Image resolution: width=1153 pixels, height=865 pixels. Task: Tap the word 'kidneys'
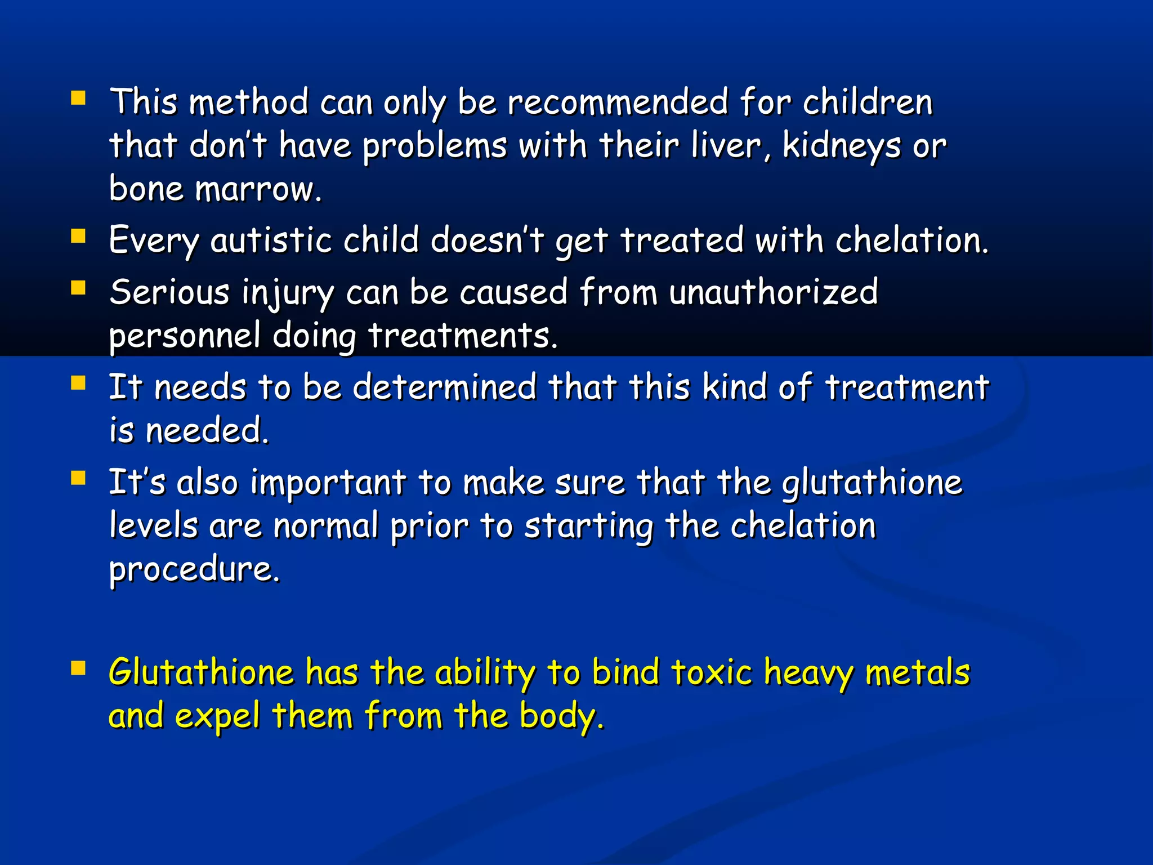841,146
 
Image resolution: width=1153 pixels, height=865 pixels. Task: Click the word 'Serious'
169,292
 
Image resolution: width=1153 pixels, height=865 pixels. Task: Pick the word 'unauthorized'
774,292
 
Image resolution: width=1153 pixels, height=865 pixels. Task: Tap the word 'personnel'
185,336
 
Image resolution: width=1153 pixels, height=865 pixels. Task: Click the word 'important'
328,483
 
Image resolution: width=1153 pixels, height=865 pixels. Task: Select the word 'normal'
326,526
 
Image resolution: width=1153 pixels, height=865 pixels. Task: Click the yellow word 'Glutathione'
201,672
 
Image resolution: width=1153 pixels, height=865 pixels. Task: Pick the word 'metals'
918,672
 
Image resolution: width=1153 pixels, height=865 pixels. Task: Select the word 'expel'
217,716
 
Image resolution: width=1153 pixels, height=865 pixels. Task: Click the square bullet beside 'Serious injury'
78,288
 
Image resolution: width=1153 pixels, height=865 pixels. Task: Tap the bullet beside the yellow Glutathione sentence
78,668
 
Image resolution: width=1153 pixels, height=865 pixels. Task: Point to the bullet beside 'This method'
78,99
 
